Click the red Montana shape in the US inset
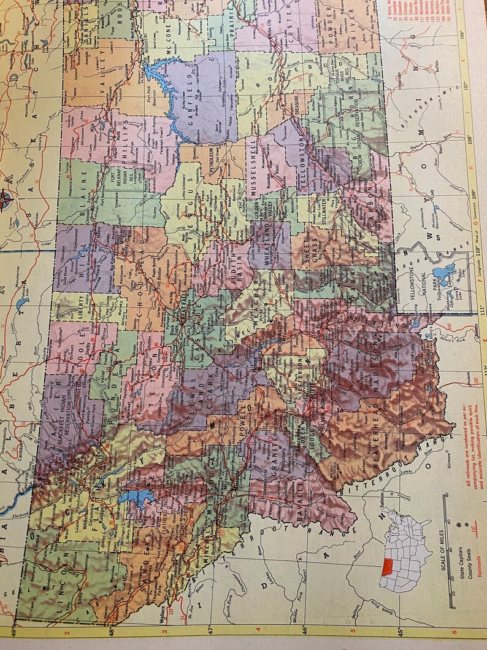(387, 567)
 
